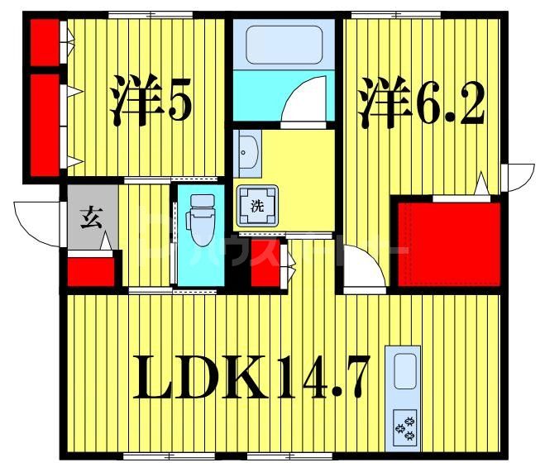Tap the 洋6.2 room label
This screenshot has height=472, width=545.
click(x=420, y=102)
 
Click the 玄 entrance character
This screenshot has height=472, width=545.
click(x=89, y=219)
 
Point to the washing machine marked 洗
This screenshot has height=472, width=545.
click(x=257, y=206)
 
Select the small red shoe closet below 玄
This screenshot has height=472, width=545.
click(x=90, y=272)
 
